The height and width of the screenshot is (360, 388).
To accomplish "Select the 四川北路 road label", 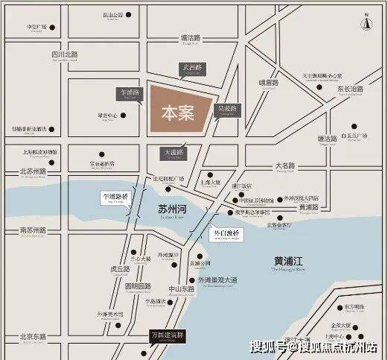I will [x=65, y=54].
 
